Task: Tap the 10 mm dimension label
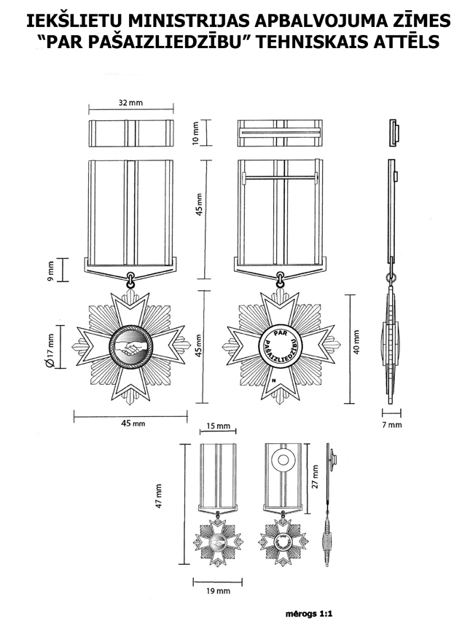(x=195, y=133)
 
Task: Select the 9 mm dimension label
(x=50, y=269)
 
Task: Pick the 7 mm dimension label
(x=392, y=424)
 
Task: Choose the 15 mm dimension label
(x=217, y=426)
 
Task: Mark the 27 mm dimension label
(x=315, y=477)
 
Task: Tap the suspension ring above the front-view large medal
(x=131, y=277)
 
